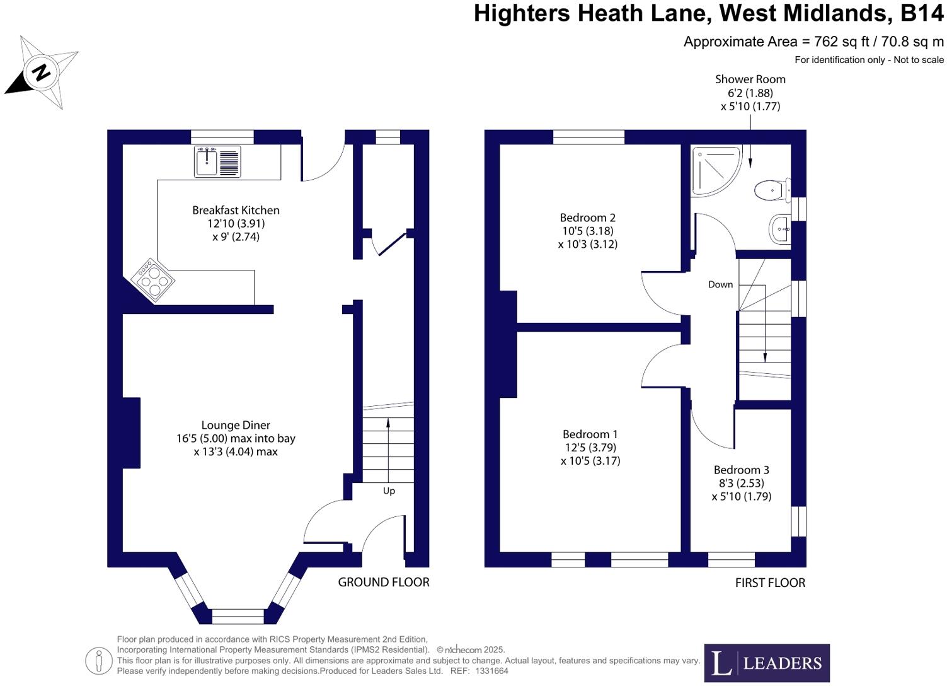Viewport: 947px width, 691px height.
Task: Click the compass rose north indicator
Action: pos(41,73)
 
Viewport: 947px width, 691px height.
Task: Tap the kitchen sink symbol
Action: pos(217,161)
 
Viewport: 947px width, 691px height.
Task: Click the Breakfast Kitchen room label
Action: pos(236,210)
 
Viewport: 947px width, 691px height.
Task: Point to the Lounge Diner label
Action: pos(236,425)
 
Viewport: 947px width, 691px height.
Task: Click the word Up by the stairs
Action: pos(389,491)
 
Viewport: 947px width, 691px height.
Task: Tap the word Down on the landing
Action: pos(720,284)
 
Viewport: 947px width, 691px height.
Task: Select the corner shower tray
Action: pos(715,169)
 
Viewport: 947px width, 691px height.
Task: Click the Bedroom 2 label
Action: pos(587,218)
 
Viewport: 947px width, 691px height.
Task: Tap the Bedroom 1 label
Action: pos(590,434)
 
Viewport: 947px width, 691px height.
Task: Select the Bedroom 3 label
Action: pos(741,470)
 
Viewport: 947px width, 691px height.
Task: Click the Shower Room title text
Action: pos(750,79)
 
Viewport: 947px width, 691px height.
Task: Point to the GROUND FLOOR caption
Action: pos(383,582)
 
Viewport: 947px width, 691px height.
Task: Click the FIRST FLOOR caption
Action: pos(770,583)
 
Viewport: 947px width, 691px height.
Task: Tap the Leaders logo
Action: pos(766,663)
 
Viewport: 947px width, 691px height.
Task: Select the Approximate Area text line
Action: pos(813,42)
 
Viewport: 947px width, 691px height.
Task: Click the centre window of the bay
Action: pos(238,615)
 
